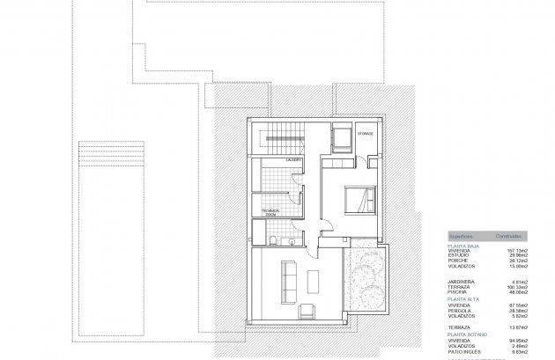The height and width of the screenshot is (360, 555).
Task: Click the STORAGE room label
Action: (366, 133)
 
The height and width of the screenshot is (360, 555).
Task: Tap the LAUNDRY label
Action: (292, 159)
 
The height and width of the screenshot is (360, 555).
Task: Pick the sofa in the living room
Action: (287, 278)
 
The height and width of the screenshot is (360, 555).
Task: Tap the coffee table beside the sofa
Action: (315, 280)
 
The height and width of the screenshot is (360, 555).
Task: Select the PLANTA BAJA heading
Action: (463, 246)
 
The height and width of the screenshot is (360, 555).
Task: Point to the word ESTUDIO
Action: (459, 255)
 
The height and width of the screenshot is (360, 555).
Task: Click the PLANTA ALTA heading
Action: (463, 299)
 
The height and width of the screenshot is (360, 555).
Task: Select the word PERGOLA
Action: (460, 310)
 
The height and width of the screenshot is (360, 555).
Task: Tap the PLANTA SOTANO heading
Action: (465, 335)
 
